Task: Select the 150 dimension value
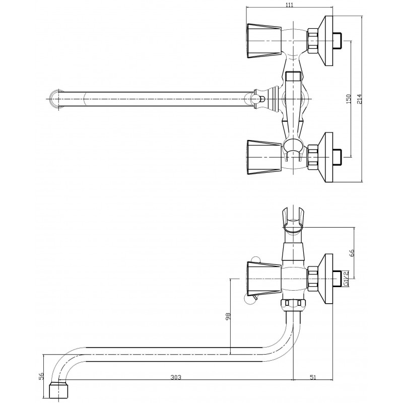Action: (x=349, y=99)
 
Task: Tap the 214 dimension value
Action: (x=359, y=99)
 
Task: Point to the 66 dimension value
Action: (x=352, y=253)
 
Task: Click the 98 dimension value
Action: (x=228, y=316)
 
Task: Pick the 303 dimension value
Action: (x=176, y=377)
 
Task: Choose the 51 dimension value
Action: (x=313, y=377)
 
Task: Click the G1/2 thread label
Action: (x=346, y=279)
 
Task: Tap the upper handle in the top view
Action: (x=263, y=41)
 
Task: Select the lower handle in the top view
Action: (x=263, y=157)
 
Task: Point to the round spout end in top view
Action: (x=57, y=99)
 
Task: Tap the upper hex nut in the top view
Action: (x=313, y=41)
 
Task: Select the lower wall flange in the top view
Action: (x=325, y=157)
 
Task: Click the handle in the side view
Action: (x=263, y=279)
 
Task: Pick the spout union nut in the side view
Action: (x=293, y=304)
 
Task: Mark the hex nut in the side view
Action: (x=313, y=279)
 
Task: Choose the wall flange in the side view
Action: (x=325, y=279)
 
